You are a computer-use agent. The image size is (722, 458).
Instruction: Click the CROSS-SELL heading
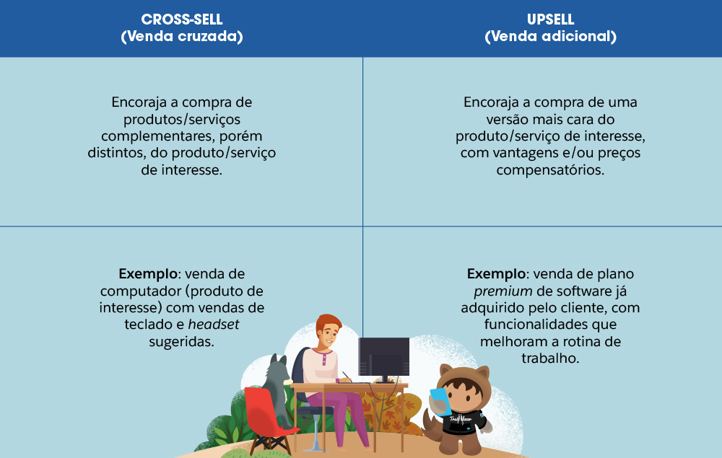click(182, 19)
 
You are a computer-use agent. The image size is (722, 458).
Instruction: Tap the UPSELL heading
click(550, 19)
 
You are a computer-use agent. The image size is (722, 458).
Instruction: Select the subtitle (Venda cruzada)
click(182, 36)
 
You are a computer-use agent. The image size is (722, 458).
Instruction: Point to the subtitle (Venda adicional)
click(550, 36)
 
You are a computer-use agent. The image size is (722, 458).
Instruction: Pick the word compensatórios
click(549, 170)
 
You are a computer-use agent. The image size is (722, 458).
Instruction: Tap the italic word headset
click(214, 325)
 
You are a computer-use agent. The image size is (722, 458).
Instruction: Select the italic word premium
click(503, 291)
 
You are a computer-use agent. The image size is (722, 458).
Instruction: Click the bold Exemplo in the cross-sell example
click(148, 275)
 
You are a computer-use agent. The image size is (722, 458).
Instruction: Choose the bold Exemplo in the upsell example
click(496, 275)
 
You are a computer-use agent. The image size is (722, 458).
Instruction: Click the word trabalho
click(549, 358)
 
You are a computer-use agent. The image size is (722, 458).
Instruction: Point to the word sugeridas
click(181, 342)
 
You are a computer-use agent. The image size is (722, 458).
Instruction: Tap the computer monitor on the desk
click(383, 359)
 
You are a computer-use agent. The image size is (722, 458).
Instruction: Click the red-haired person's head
click(329, 331)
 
